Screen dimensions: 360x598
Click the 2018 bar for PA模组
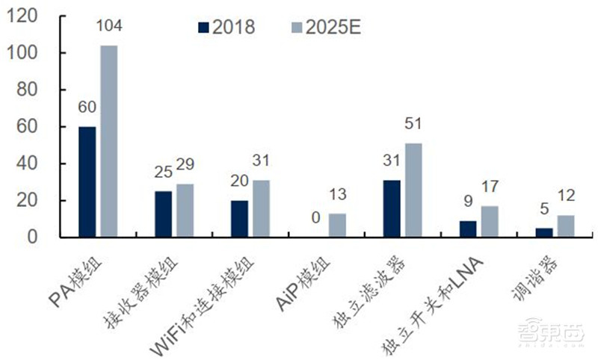coord(87,181)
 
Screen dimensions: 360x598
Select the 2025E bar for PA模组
coord(109,141)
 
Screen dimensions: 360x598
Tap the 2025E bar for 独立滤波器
coord(413,190)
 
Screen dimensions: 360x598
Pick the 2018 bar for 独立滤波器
coord(392,208)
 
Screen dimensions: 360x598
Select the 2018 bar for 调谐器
coord(543,232)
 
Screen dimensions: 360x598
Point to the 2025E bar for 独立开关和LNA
coord(489,221)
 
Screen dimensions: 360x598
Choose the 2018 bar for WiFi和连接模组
coord(239,218)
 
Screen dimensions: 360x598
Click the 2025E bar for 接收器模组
coord(185,211)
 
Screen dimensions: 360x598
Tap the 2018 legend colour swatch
coord(203,28)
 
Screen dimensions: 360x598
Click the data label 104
coord(109,26)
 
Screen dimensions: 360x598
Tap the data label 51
coord(413,124)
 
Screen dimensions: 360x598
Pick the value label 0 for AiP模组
coord(315,217)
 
